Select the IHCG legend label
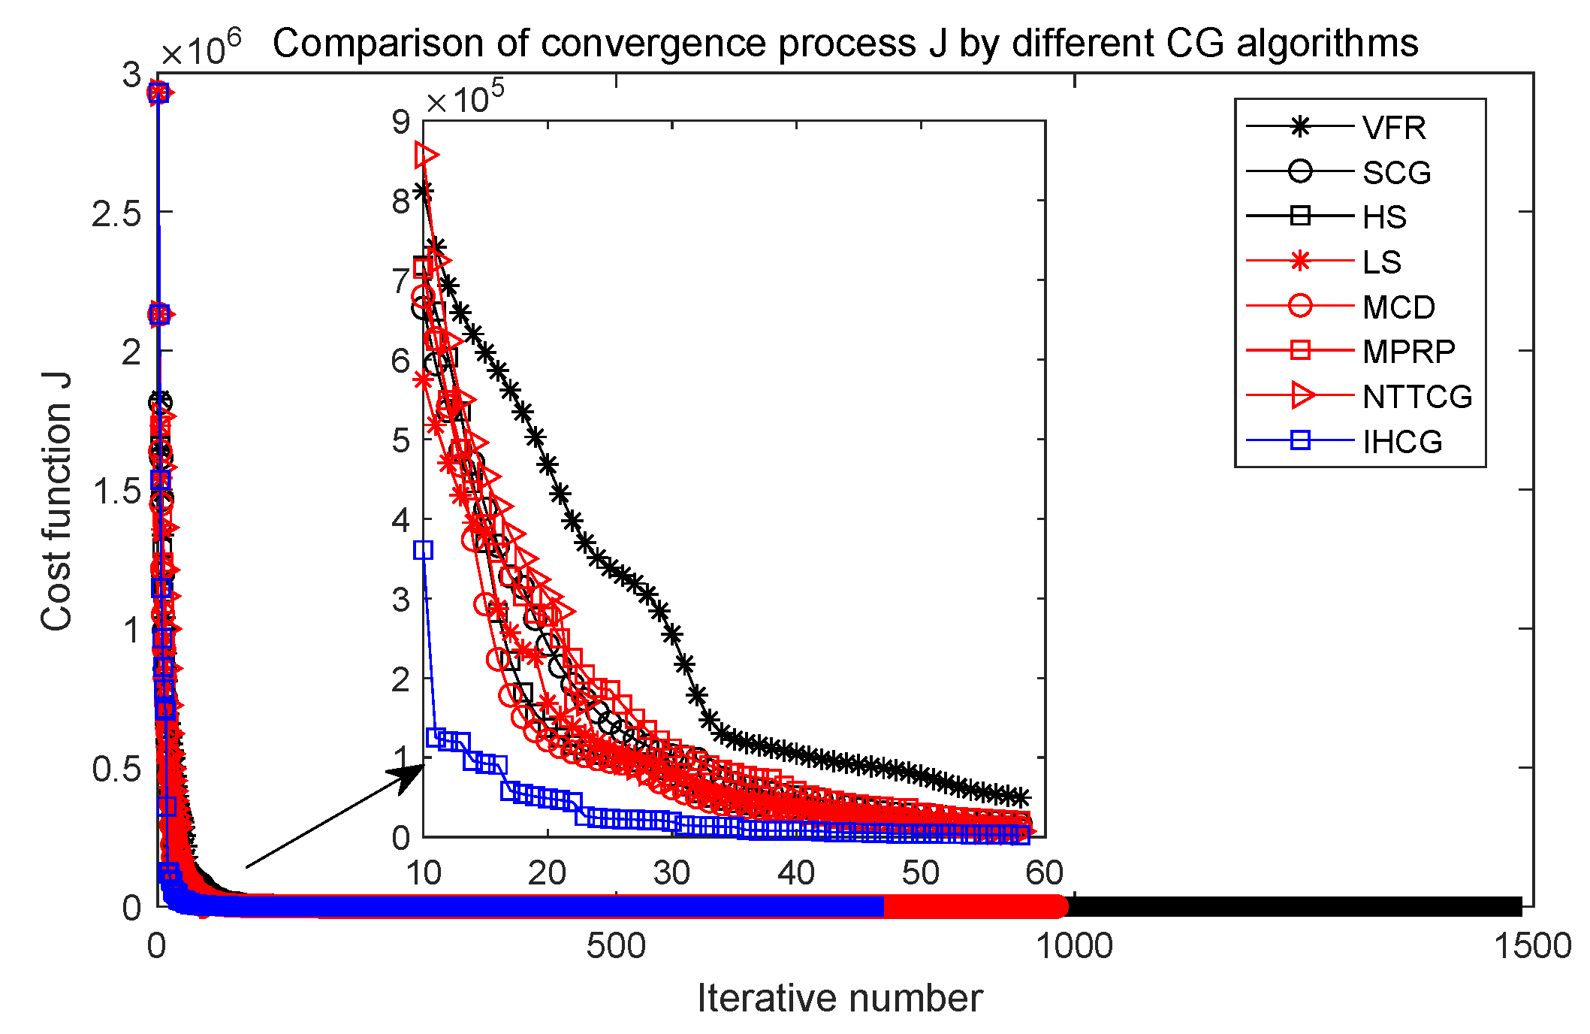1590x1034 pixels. (x=1401, y=442)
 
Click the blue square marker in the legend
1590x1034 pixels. (x=1300, y=440)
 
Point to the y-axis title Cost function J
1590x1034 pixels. (x=57, y=501)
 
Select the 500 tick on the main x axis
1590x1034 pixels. (x=615, y=946)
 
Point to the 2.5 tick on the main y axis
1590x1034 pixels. (x=116, y=213)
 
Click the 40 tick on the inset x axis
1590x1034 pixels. (x=796, y=873)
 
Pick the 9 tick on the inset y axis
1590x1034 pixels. (x=402, y=122)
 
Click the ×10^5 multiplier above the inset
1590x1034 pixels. (x=465, y=98)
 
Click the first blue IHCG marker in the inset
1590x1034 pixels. (x=424, y=550)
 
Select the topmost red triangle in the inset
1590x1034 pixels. (x=426, y=156)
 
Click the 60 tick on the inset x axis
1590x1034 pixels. (x=1045, y=873)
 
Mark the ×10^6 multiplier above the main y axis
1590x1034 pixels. (x=201, y=50)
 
